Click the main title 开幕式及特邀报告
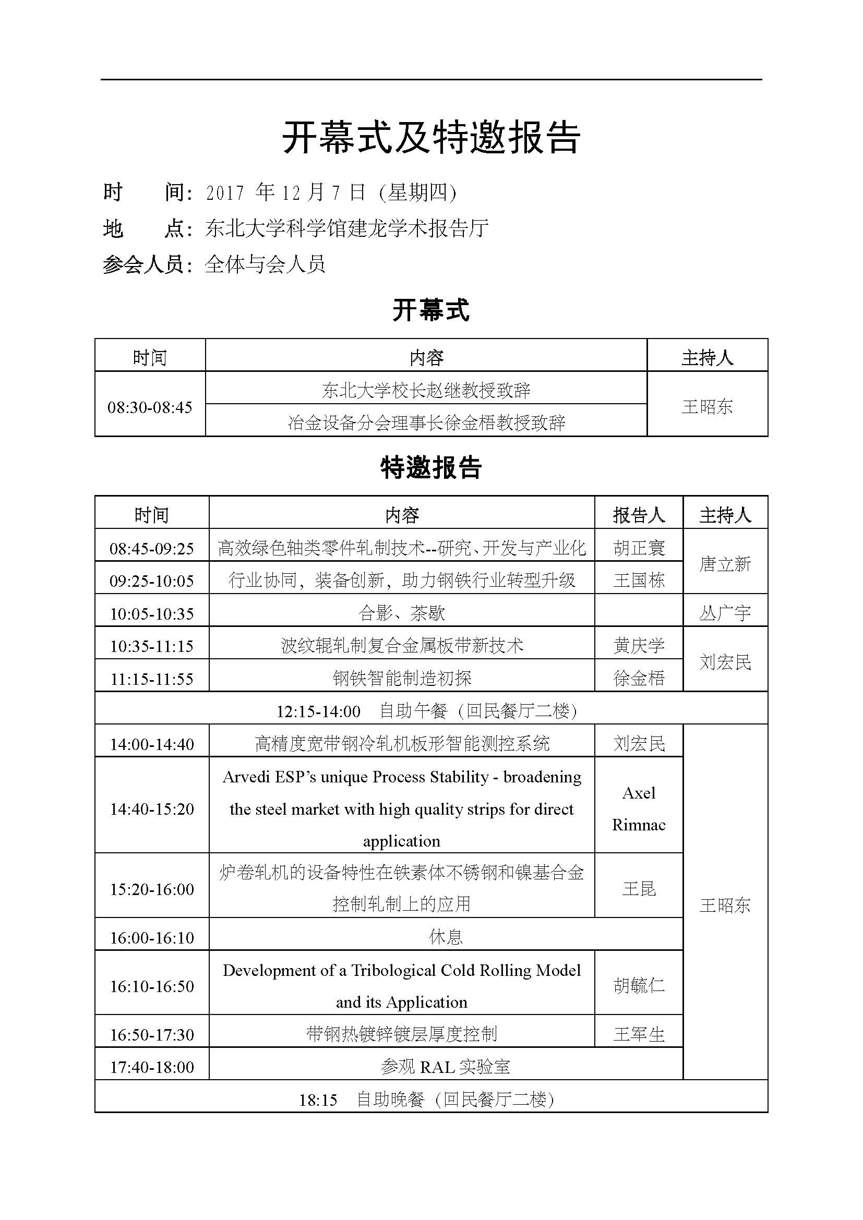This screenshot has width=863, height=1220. click(x=431, y=137)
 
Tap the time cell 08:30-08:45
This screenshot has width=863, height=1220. click(x=150, y=407)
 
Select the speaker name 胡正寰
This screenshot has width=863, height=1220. click(x=639, y=548)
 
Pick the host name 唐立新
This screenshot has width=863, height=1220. click(x=725, y=564)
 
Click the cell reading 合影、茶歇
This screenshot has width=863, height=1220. click(x=402, y=613)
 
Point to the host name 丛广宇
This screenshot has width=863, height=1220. click(x=725, y=613)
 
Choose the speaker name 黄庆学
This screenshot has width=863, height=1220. click(x=639, y=646)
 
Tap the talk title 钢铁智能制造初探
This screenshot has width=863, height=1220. click(x=402, y=678)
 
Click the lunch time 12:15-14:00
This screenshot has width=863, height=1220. click(x=318, y=711)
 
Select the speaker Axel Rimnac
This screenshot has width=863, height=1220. click(x=639, y=809)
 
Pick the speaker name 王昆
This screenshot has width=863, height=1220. click(x=639, y=888)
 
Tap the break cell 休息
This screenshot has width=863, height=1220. click(x=445, y=937)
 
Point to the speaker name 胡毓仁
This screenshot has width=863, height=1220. click(x=639, y=986)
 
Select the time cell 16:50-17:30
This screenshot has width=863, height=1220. click(x=152, y=1034)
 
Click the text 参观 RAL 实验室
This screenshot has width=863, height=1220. click(x=445, y=1067)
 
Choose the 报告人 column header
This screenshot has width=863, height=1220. click(x=639, y=515)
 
